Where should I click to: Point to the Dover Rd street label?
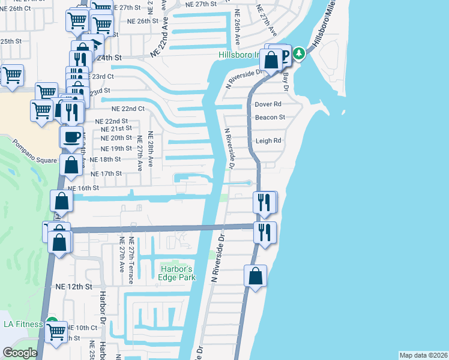point(268,104)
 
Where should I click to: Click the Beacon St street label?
point(270,118)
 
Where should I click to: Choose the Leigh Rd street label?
point(268,141)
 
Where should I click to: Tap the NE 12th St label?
point(73,287)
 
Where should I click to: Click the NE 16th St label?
point(83,188)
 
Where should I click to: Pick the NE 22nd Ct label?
point(128,109)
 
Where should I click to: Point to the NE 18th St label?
point(106,160)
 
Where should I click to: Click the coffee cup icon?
point(71,136)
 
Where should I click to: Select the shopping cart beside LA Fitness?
point(56,331)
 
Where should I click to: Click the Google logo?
point(20,353)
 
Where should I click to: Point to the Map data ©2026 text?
point(423,355)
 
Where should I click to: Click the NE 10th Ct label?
point(82,328)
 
